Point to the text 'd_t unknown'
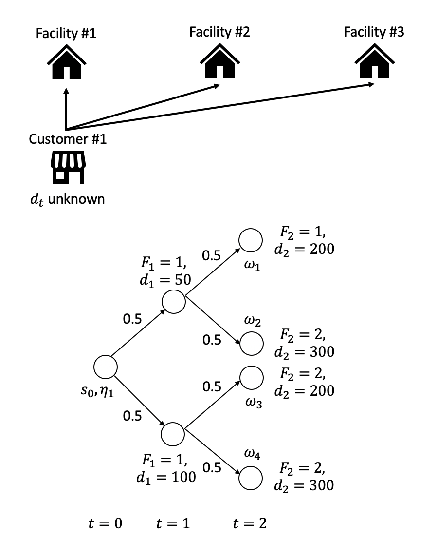pos(67,199)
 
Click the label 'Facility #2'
pos(219,33)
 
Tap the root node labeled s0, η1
pos(106,367)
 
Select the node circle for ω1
pos(251,240)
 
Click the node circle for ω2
pos(251,343)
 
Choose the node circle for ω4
pos(251,478)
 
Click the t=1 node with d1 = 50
pos(174,302)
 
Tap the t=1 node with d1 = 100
pos(174,432)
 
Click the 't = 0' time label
pos(103,523)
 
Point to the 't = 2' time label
pos(250,523)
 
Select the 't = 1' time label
pos(173,523)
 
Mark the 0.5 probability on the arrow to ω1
pos(212,258)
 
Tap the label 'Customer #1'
pos(68,139)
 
